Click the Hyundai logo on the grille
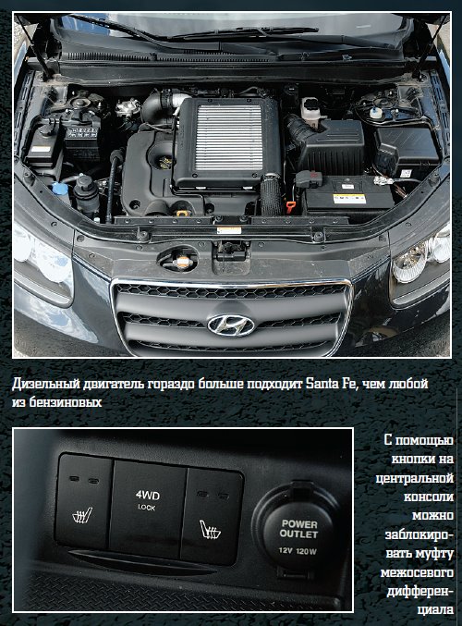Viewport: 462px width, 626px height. [231, 325]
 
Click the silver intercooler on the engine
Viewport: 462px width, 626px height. [228, 138]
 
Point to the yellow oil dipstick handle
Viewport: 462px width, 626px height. [182, 212]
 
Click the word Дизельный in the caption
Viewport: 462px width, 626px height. [45, 384]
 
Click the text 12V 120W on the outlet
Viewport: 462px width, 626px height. [298, 551]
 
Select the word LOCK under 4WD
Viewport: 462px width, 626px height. [146, 508]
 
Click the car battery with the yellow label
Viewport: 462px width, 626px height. [348, 197]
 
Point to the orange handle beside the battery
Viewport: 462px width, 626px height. [290, 206]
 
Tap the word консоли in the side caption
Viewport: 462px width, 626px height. [429, 497]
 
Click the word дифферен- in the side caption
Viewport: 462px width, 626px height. [420, 592]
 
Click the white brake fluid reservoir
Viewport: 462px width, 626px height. [311, 108]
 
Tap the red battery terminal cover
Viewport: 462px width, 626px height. [308, 178]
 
